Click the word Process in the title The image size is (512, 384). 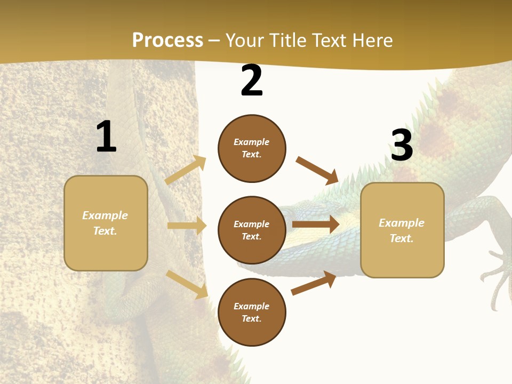pyautogui.click(x=167, y=41)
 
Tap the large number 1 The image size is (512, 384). pyautogui.click(x=106, y=137)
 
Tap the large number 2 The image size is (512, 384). pyautogui.click(x=252, y=81)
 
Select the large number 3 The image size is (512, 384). pyautogui.click(x=402, y=146)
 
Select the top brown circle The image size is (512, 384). pyautogui.click(x=252, y=148)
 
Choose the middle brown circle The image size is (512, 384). pyautogui.click(x=252, y=230)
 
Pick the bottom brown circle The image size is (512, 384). pyautogui.click(x=252, y=312)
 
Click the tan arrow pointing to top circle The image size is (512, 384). pyautogui.click(x=186, y=170)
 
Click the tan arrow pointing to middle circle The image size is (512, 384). pyautogui.click(x=187, y=226)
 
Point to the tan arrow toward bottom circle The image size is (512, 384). pyautogui.click(x=187, y=284)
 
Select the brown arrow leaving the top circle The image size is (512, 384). pyautogui.click(x=317, y=170)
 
